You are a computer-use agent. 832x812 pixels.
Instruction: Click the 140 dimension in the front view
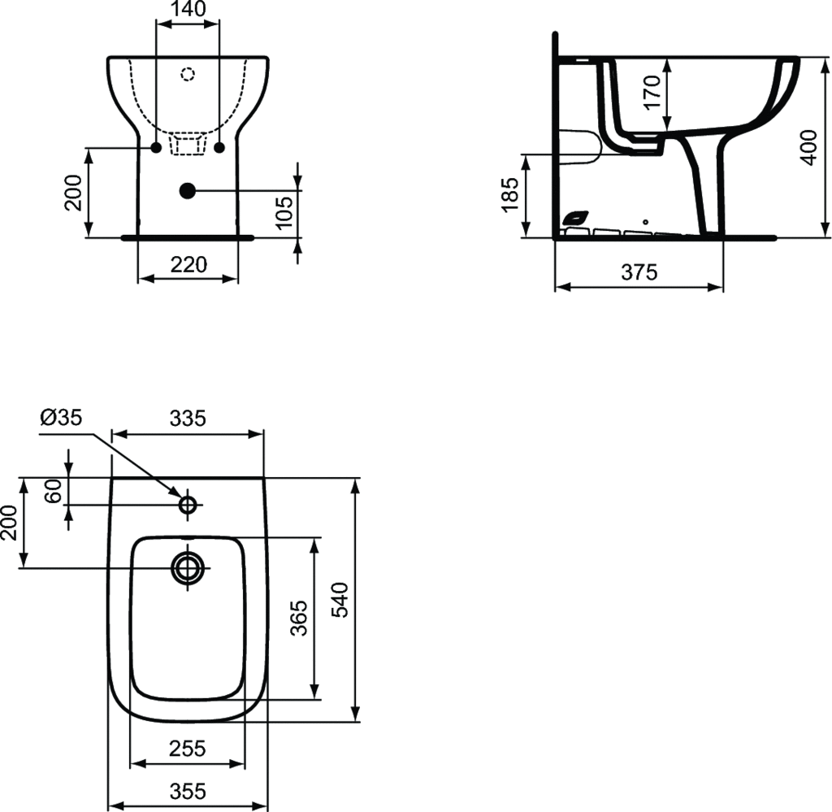(188, 10)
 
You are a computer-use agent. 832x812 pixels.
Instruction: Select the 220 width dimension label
(188, 264)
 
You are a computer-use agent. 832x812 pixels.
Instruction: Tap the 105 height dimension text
(283, 213)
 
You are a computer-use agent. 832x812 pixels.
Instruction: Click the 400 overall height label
(808, 146)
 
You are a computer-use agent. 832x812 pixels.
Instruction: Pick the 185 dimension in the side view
(510, 196)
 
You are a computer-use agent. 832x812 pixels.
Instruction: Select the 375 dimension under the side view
(639, 273)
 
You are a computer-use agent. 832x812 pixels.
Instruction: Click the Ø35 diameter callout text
(60, 418)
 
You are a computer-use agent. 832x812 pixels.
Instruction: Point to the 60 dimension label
(54, 491)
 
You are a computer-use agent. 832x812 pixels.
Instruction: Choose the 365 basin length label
(299, 618)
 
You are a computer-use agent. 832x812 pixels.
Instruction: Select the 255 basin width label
(188, 748)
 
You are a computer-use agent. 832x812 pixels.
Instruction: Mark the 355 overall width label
(188, 790)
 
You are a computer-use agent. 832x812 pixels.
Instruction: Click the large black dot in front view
(187, 191)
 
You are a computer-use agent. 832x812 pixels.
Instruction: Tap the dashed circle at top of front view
(188, 75)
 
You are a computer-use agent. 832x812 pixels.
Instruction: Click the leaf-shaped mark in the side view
(574, 218)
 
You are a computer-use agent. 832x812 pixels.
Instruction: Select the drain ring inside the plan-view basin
(188, 567)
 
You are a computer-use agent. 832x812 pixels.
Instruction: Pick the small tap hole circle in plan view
(188, 505)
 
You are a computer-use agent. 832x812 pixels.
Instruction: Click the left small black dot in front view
(155, 147)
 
